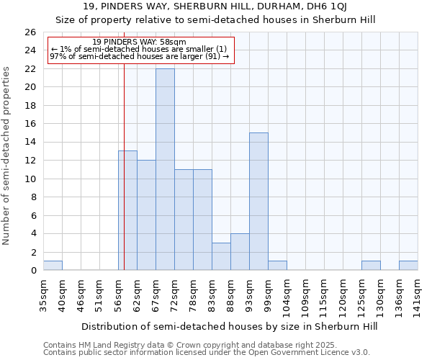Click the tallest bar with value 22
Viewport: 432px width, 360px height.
point(165,169)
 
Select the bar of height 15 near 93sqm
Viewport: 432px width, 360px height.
point(258,201)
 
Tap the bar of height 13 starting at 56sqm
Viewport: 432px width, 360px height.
point(127,210)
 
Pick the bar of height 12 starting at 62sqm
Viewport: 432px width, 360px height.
point(146,215)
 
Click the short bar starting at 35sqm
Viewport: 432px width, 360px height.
point(53,266)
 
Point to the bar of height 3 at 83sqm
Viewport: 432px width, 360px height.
point(221,256)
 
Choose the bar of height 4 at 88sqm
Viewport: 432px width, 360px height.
point(240,252)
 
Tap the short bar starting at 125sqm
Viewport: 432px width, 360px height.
point(371,266)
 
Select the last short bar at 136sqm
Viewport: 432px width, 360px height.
point(408,266)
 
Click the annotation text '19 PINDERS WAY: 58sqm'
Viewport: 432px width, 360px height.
point(140,42)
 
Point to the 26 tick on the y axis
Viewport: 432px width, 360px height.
point(30,32)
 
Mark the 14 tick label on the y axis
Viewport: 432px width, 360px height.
point(30,142)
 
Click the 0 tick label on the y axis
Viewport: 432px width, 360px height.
point(33,270)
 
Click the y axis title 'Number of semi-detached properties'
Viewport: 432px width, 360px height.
point(7,156)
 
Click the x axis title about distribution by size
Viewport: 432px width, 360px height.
point(229,326)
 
